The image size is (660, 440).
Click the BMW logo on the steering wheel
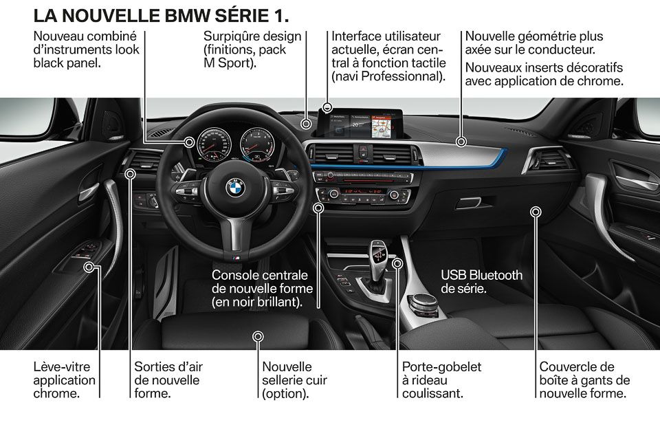pos(235,188)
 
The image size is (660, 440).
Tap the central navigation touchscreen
pos(361,124)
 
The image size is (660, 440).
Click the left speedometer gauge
pos(214,144)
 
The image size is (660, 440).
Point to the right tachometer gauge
pos(257,144)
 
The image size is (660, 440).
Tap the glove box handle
pos(468,203)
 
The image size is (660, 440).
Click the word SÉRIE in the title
pos(241,16)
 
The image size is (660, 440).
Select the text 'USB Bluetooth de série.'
pos(481,282)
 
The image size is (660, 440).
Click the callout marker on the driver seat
pos(258,336)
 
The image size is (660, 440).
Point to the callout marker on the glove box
pos(536,212)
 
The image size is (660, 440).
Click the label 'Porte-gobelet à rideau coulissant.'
pos(441,379)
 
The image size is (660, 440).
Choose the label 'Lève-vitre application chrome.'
pos(65,379)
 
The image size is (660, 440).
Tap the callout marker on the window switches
pos(89,267)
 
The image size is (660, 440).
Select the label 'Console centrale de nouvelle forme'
pos(262,282)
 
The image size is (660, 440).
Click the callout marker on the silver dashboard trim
pos(461,142)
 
